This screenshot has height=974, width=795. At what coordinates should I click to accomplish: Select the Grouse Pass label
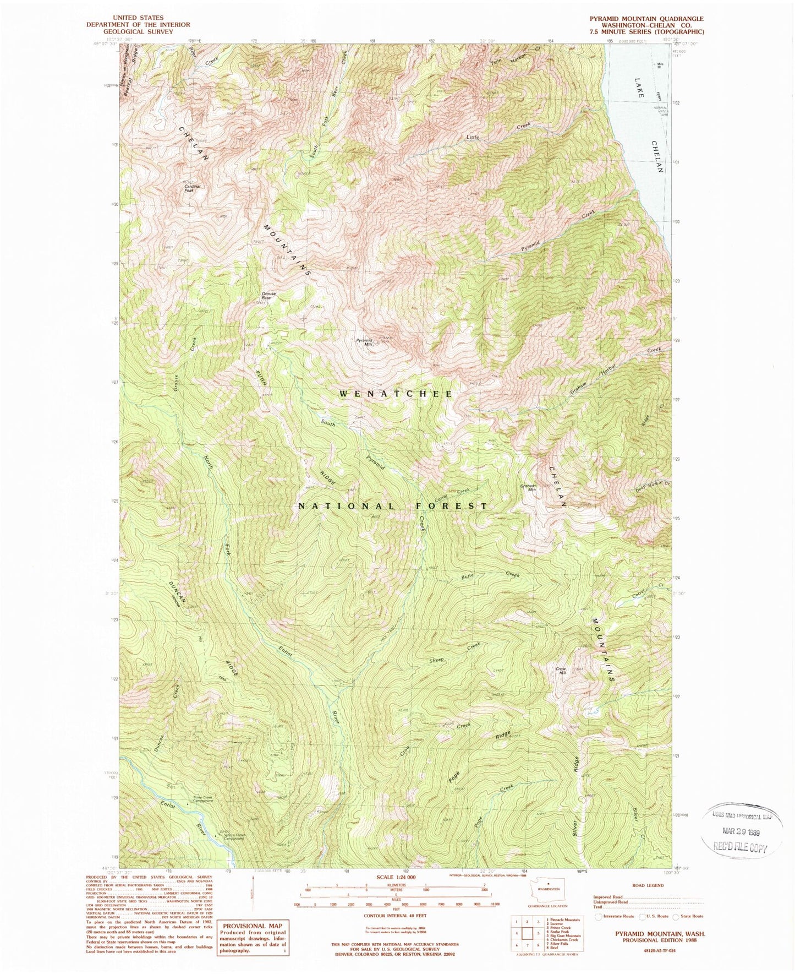[269, 296]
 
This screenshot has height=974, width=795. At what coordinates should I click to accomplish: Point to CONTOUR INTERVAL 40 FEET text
[390, 917]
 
